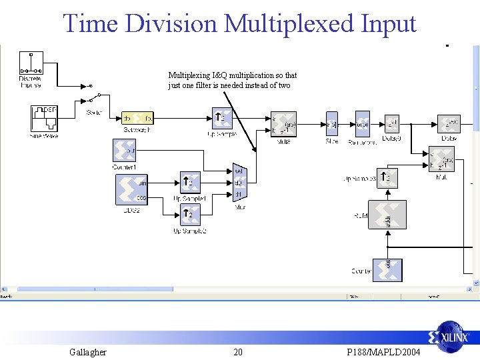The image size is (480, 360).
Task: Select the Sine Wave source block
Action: coord(44,118)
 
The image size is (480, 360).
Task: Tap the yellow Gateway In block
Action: coord(138,118)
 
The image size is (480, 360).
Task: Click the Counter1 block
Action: coord(125,151)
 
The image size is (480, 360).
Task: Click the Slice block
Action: coord(332,123)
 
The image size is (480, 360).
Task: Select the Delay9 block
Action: coord(391,125)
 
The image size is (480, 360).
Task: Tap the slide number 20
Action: coord(238,352)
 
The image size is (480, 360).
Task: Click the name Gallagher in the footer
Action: coord(87,352)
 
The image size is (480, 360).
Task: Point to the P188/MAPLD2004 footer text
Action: coord(384,352)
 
